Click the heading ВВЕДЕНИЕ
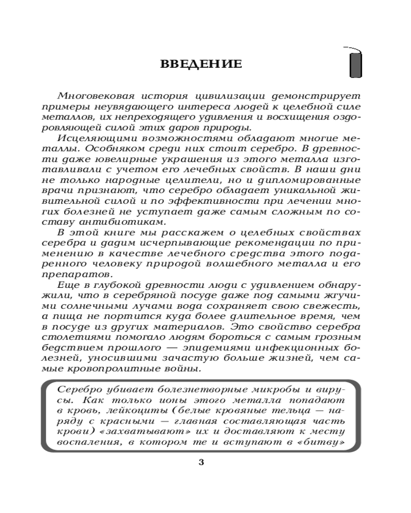point(201,64)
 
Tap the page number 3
point(201,462)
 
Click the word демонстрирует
point(314,96)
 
